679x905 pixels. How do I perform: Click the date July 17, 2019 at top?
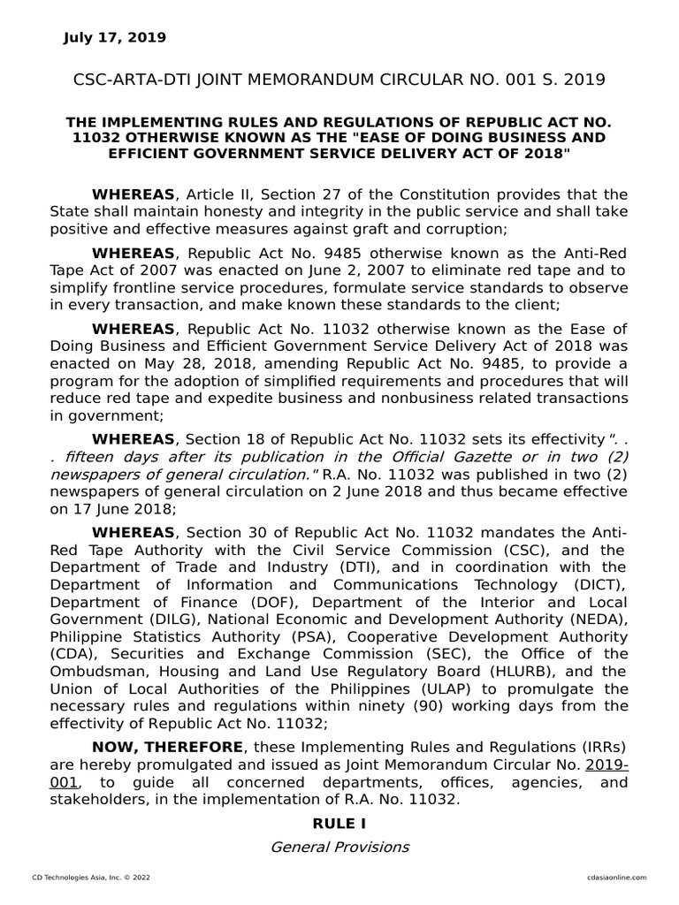(114, 37)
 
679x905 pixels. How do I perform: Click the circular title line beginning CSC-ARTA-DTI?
(339, 80)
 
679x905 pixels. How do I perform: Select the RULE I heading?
(339, 823)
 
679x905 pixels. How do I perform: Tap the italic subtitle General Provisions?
(339, 847)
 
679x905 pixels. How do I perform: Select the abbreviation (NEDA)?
(596, 620)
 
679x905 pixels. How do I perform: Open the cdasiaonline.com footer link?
(615, 877)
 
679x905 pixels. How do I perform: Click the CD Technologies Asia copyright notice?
(85, 877)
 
